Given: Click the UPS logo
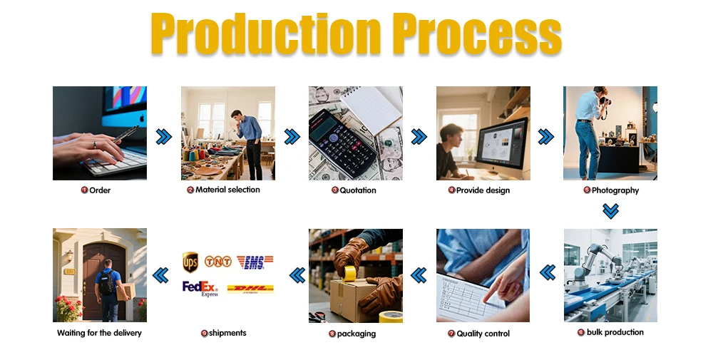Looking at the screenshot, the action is [x=190, y=262].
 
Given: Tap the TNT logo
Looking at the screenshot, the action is [x=217, y=262].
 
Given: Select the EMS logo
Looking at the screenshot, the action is [x=255, y=262].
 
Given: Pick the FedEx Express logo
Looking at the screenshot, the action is [x=200, y=289].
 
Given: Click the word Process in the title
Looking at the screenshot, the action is [x=478, y=34].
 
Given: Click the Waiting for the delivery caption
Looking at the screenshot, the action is [x=99, y=333].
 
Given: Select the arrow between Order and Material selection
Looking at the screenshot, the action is [x=164, y=136].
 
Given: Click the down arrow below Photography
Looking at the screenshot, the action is [x=610, y=211].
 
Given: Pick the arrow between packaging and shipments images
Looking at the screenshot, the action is [x=297, y=275].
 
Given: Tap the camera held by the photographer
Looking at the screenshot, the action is [x=605, y=100].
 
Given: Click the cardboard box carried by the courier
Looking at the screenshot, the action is [x=126, y=292].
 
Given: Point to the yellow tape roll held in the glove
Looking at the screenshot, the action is [x=349, y=274].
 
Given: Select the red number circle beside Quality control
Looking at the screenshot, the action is [x=451, y=334].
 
